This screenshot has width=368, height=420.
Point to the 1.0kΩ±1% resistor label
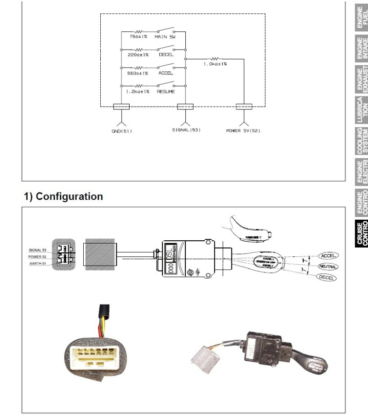click(x=215, y=64)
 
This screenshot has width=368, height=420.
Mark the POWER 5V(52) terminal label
click(x=243, y=130)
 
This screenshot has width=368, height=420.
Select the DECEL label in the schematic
click(x=165, y=54)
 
